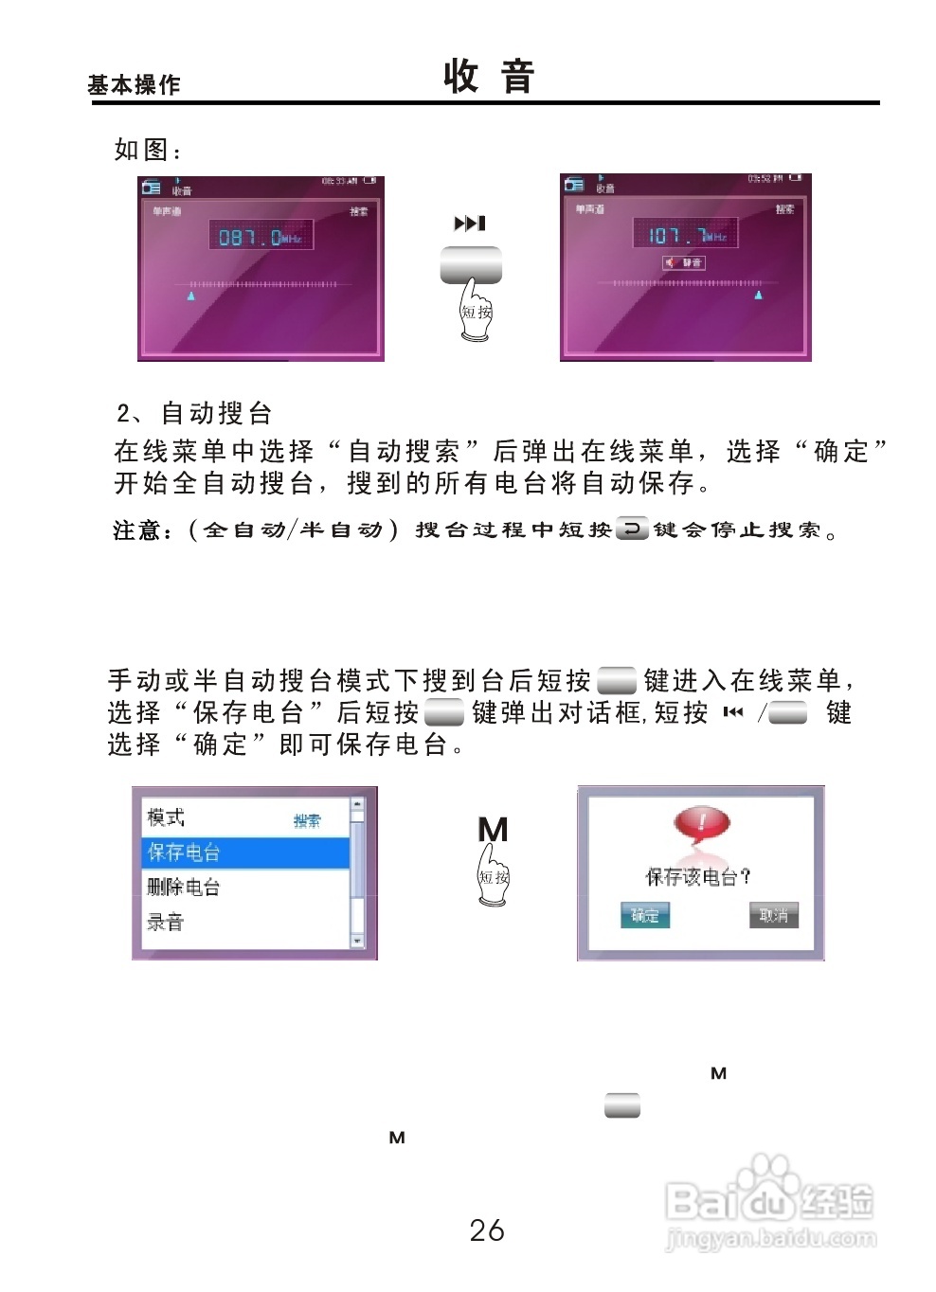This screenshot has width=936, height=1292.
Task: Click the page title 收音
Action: coord(489,76)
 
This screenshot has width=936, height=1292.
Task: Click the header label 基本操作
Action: coord(134,85)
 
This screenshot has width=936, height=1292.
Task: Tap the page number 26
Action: coord(487,1230)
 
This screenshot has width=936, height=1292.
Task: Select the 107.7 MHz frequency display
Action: coord(685,234)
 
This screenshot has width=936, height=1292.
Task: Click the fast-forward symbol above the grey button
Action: coord(470,224)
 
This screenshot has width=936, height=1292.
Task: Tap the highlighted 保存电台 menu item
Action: coord(244,852)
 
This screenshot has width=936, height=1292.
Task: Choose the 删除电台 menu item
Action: coord(184,888)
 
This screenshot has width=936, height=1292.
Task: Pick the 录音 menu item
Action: coord(166,922)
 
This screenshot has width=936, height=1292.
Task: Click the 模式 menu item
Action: coord(166,817)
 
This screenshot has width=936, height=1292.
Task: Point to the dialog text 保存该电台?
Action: coord(698,877)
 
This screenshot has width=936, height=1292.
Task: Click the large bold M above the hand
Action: coord(493,830)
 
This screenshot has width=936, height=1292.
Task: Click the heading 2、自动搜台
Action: coord(194,413)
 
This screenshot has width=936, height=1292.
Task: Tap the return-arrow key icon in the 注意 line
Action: coord(632,529)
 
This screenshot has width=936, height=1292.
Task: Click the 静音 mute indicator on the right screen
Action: coord(684,262)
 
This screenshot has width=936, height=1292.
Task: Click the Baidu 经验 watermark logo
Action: coord(769,1201)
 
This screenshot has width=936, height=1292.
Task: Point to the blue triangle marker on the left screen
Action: coord(191,296)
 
